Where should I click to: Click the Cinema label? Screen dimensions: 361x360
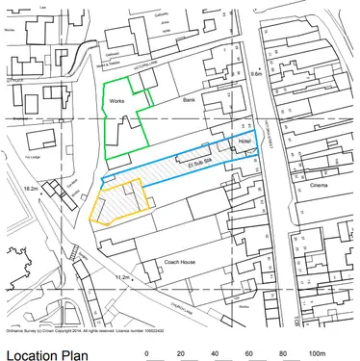point(319,184)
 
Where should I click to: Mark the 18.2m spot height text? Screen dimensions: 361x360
point(31,189)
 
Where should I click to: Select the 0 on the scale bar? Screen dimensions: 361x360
point(146,353)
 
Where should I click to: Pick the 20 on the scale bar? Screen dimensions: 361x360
point(180,353)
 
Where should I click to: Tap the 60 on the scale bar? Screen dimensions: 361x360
point(248,353)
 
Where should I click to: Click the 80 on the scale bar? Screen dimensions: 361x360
point(282,353)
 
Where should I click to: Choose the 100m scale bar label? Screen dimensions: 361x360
point(317,353)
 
